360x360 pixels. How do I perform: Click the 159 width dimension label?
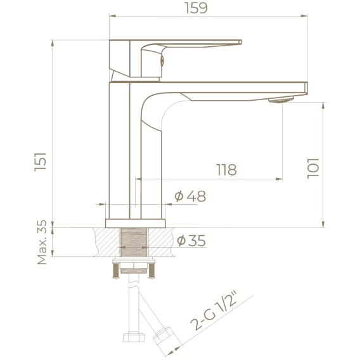[x=196, y=8]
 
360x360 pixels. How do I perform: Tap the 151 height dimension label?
[x=41, y=162]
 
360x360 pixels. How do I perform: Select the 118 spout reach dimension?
[x=226, y=170]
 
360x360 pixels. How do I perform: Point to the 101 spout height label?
[x=313, y=169]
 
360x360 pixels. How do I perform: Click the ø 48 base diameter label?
[x=190, y=196]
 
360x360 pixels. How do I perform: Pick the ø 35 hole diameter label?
[x=191, y=240]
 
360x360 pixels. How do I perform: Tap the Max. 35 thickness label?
[x=42, y=242]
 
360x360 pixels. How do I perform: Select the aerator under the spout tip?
[x=281, y=100]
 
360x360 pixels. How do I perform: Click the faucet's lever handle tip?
[x=240, y=42]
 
